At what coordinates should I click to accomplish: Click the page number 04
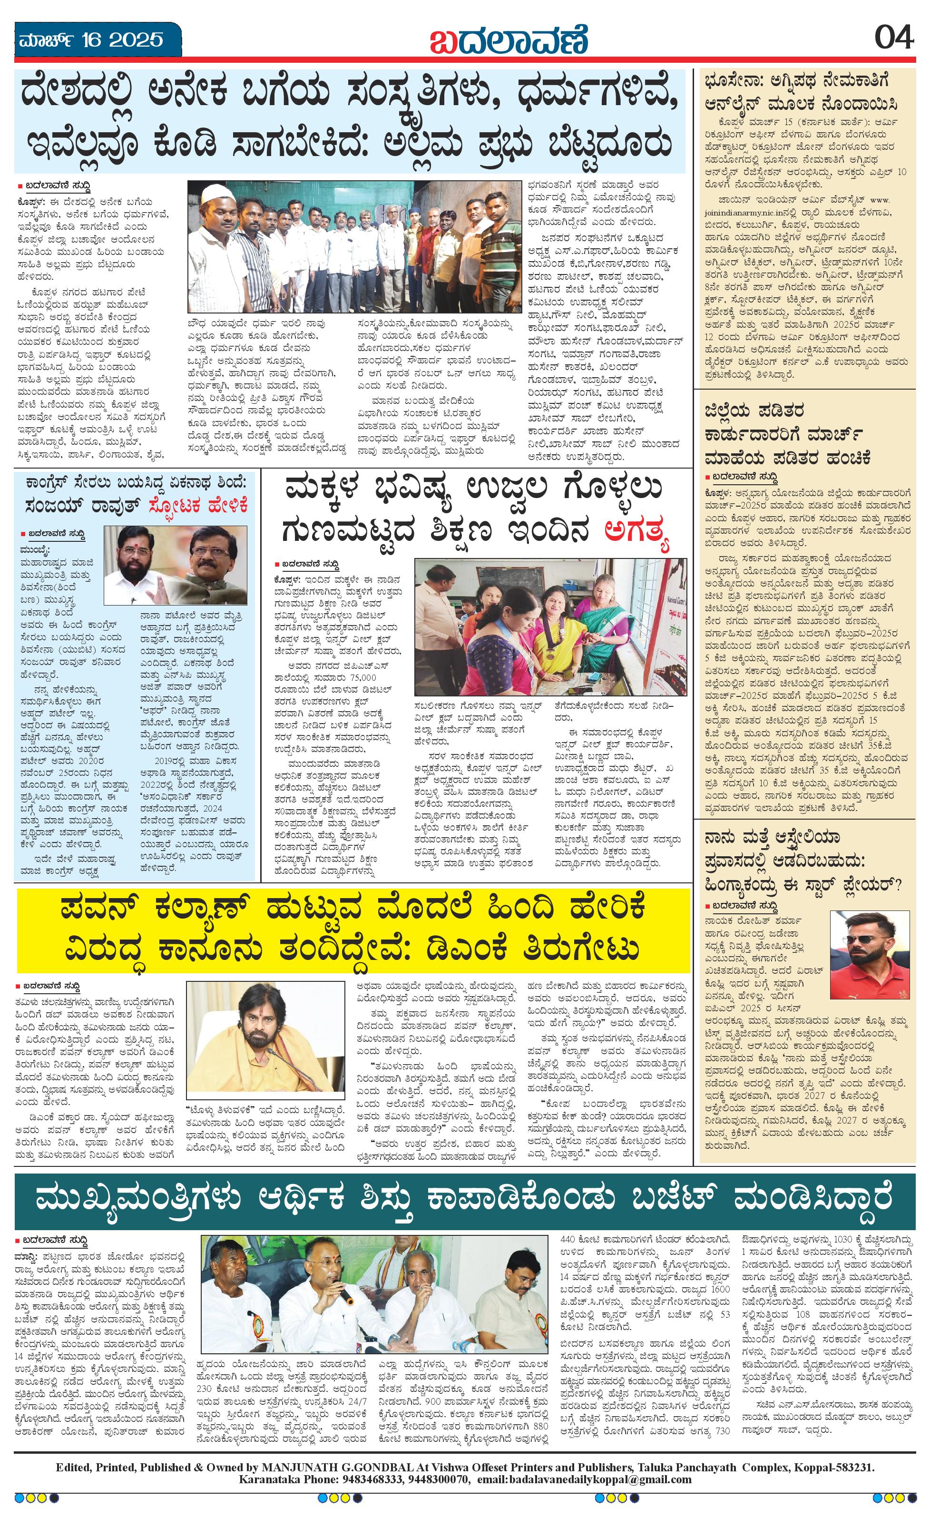894,39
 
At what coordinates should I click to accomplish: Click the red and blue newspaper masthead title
509,40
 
